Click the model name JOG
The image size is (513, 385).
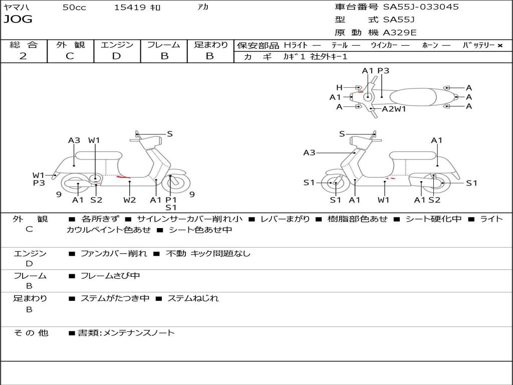tap(18, 20)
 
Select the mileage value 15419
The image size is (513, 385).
tap(130, 8)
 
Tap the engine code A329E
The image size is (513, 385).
tap(400, 33)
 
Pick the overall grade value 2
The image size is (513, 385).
tap(23, 56)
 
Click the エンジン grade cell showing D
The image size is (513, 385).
tap(116, 56)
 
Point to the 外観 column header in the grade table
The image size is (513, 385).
tap(70, 45)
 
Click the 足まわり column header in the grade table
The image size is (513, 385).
tap(210, 45)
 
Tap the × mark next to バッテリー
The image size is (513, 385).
tap(499, 46)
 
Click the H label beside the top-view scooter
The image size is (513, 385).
tap(339, 88)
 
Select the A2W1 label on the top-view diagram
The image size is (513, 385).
tap(394, 109)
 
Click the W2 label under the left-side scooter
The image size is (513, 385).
tap(130, 200)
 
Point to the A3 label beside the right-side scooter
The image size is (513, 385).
tap(309, 153)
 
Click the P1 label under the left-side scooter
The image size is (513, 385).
tap(171, 200)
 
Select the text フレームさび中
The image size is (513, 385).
tap(110, 276)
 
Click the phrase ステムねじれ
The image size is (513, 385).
tap(193, 298)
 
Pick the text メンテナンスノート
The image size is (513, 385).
tap(139, 333)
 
